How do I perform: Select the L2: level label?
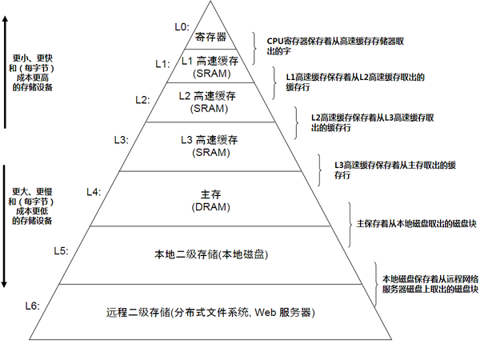(142, 100)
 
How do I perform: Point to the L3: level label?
(121, 139)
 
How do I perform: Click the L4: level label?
(93, 192)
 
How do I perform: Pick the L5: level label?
(61, 250)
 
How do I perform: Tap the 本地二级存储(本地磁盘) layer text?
(210, 254)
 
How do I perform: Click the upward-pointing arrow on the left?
(7, 72)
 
